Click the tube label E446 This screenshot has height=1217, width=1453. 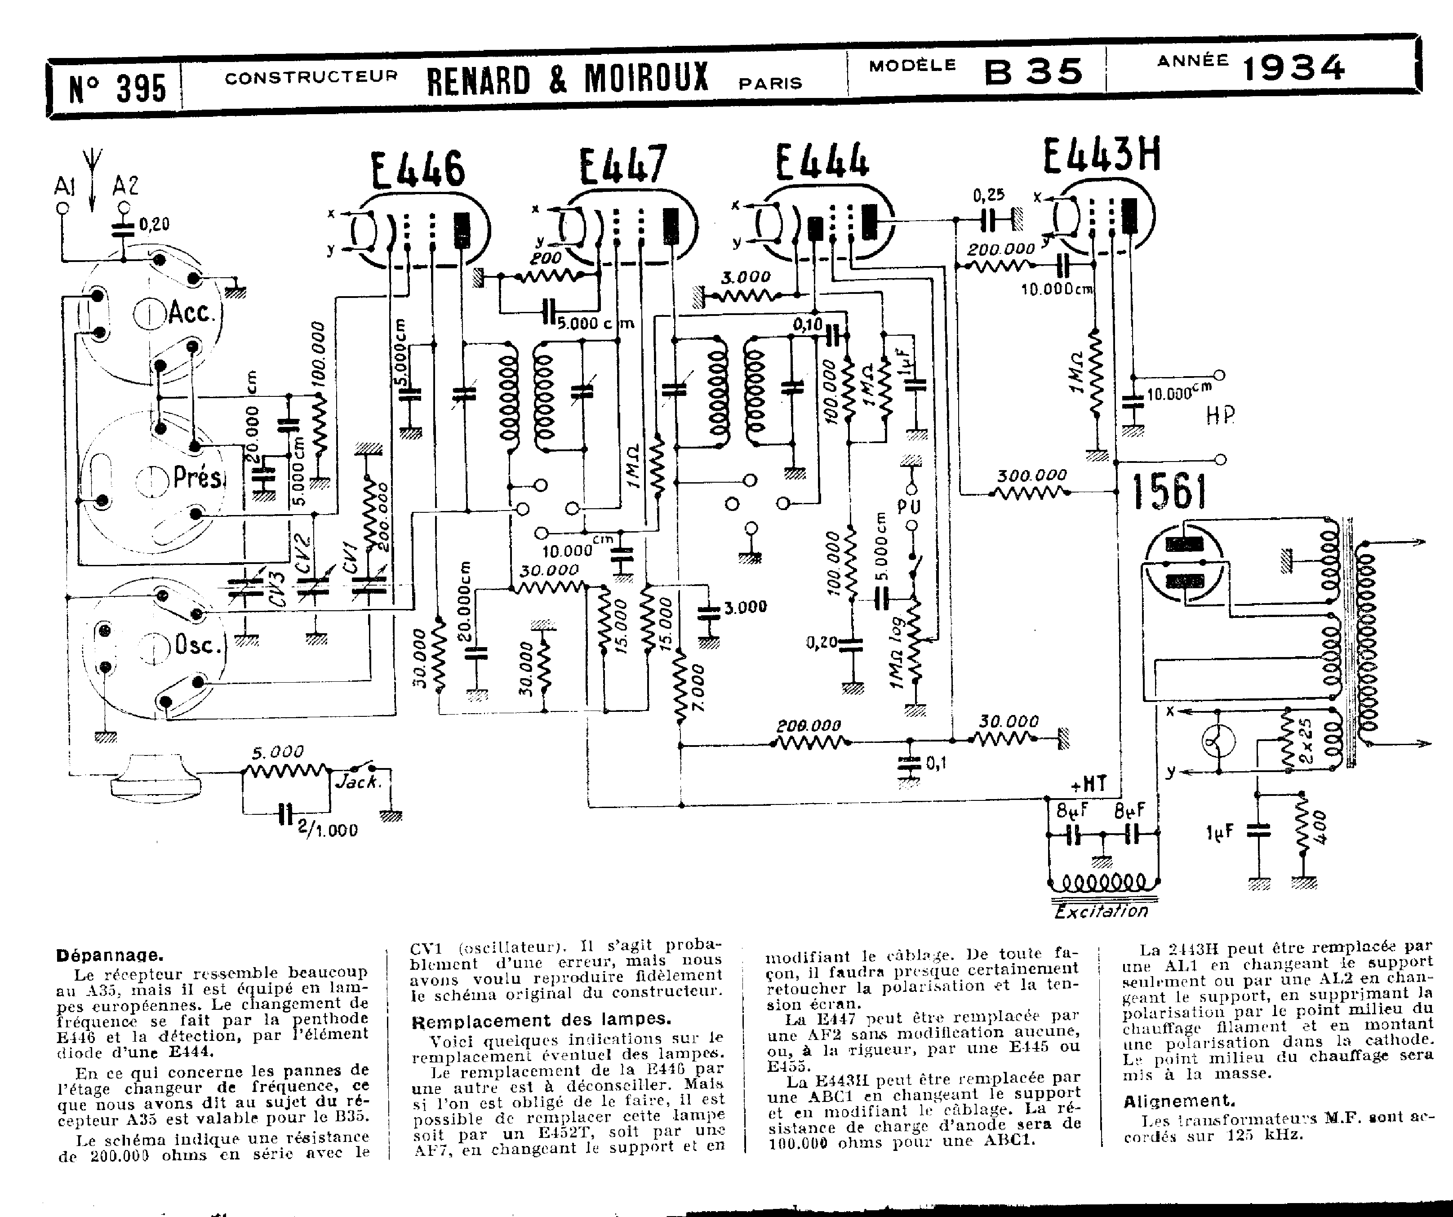coord(418,169)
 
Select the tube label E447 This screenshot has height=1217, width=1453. coord(623,166)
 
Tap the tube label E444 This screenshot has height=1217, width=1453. coord(821,163)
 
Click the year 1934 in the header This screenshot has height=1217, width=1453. coord(1294,68)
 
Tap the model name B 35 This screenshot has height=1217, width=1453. coord(1034,71)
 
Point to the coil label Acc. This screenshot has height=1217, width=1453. coord(191,313)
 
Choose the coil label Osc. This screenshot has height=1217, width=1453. coord(198,645)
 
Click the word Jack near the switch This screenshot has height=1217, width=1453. coord(358,782)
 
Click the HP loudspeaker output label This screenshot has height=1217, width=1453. coord(1219,415)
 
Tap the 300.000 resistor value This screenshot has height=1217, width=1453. coord(1031,475)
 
